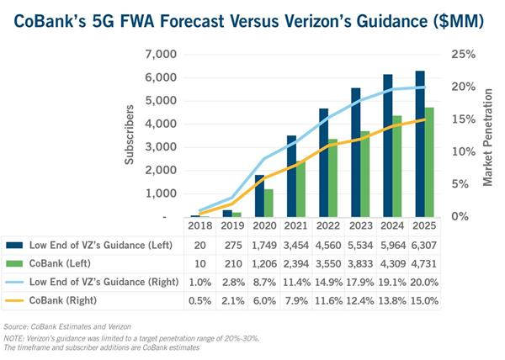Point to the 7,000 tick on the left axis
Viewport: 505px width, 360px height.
[160, 55]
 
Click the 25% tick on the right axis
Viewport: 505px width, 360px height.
[462, 55]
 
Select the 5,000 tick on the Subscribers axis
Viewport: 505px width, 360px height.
[160, 101]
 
